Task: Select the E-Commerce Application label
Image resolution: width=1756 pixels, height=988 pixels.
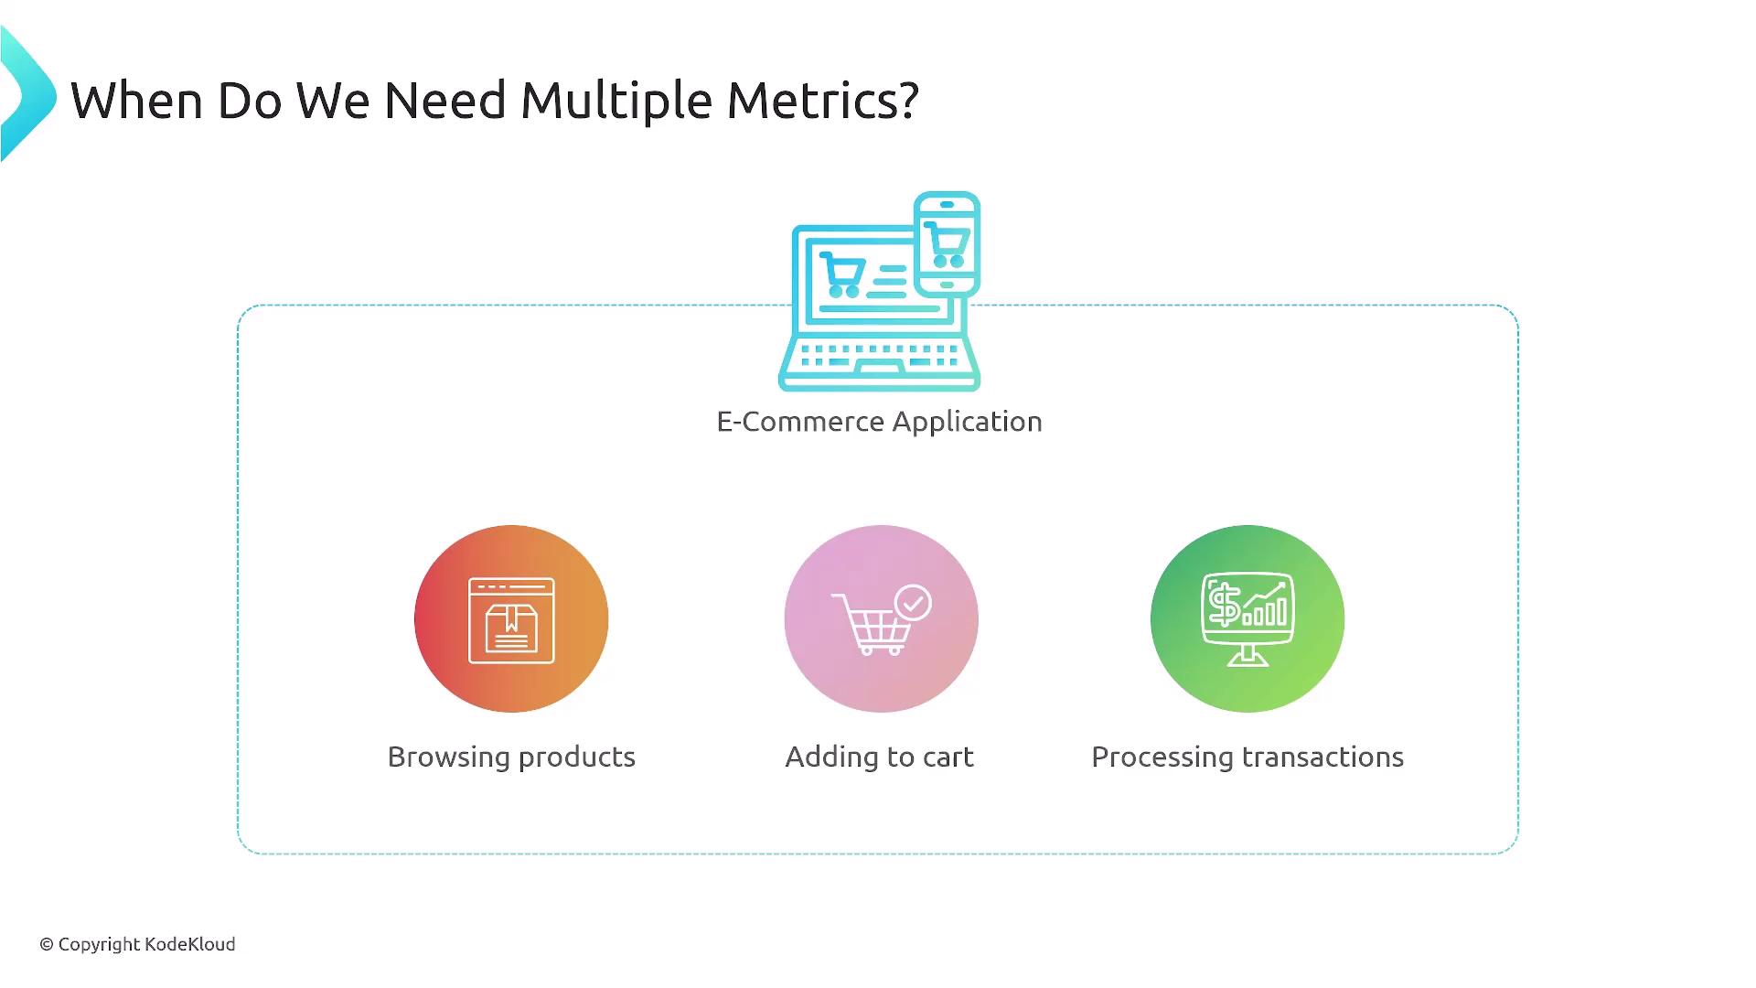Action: point(879,422)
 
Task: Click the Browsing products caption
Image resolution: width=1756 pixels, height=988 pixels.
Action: point(511,757)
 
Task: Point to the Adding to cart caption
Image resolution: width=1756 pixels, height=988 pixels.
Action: point(879,757)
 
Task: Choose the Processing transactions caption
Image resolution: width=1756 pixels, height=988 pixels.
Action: point(1247,757)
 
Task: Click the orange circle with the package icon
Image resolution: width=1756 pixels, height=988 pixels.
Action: point(511,618)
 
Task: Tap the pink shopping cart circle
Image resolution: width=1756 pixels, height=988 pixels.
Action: point(881,618)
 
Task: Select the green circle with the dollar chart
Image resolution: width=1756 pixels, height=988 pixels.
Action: point(1247,618)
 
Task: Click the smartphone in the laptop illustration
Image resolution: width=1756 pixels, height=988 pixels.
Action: point(948,244)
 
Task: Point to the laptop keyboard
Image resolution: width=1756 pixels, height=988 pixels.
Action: point(879,356)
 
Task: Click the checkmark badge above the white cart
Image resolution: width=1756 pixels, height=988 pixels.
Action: point(913,603)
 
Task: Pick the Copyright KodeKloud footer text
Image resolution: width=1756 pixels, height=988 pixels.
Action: point(137,945)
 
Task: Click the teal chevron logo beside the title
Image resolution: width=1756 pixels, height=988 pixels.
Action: point(27,94)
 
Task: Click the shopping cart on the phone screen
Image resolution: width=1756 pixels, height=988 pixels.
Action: point(948,244)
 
